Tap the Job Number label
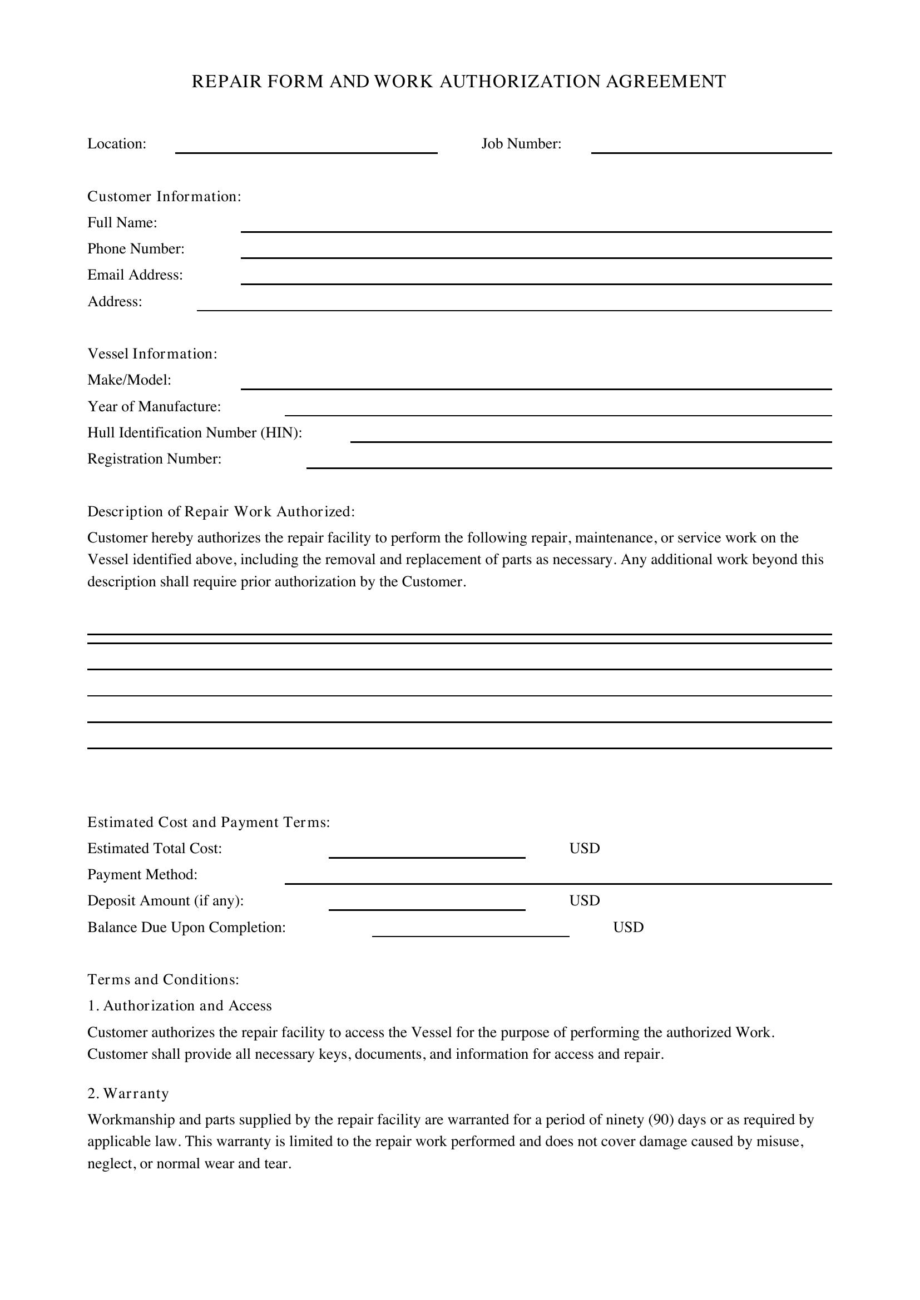click(x=521, y=144)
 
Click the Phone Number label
click(x=136, y=249)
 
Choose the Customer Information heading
click(x=164, y=196)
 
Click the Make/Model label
click(x=129, y=380)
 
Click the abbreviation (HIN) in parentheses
click(x=281, y=432)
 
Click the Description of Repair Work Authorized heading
click(x=221, y=512)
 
